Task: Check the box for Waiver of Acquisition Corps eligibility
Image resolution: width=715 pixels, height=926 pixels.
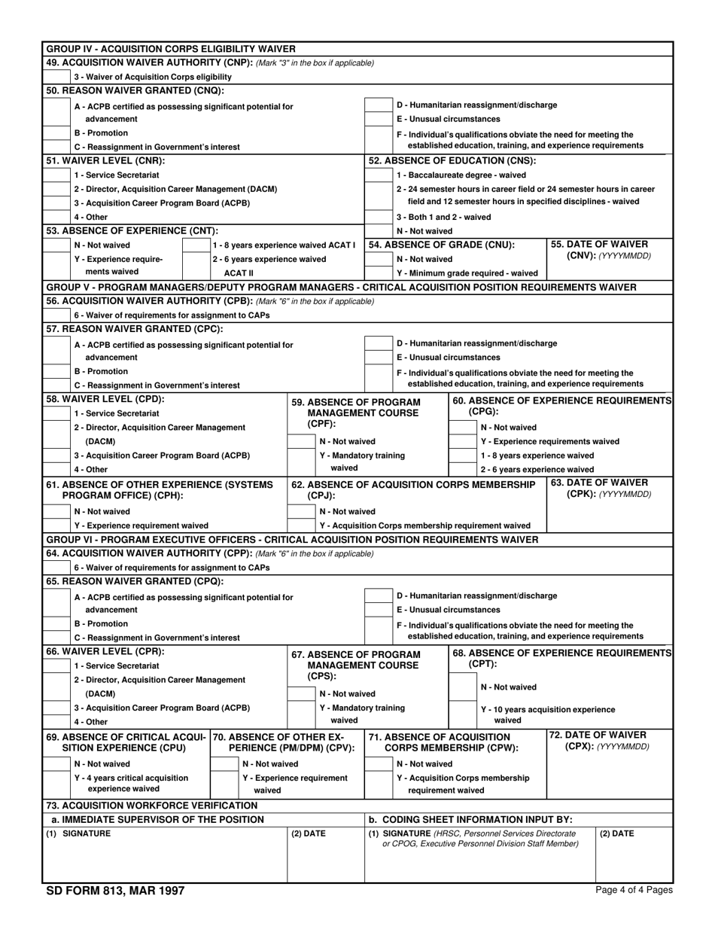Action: click(x=56, y=77)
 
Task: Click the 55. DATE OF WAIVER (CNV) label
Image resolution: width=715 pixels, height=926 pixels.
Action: click(x=609, y=250)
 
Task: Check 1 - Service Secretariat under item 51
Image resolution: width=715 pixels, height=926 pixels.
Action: click(x=56, y=175)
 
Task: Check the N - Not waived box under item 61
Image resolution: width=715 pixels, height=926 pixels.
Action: click(x=56, y=511)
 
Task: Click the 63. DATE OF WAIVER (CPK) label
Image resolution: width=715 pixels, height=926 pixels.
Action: click(x=609, y=489)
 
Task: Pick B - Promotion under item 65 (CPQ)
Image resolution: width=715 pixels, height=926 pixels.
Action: click(x=56, y=623)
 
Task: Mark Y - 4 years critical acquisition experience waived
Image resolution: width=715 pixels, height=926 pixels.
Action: click(x=56, y=784)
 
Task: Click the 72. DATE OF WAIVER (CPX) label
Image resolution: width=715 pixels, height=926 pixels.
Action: click(x=609, y=740)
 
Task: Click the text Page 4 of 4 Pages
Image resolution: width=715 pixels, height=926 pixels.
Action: click(x=634, y=890)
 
